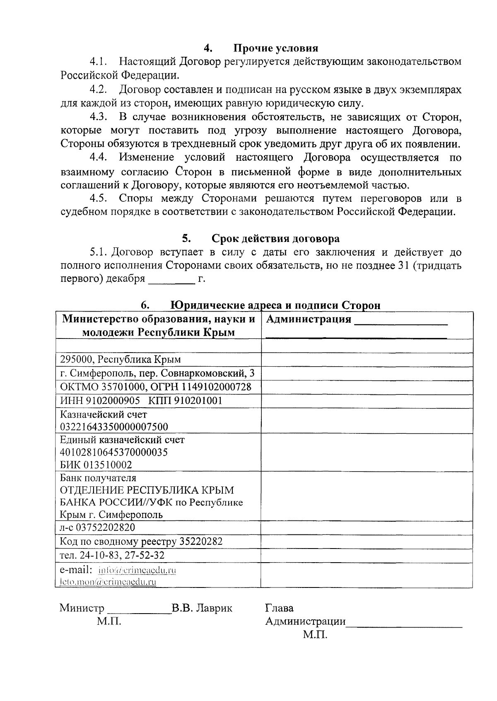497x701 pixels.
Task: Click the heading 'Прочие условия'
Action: click(x=276, y=48)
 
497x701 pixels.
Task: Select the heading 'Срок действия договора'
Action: click(x=275, y=239)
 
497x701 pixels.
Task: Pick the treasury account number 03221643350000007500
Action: click(x=114, y=427)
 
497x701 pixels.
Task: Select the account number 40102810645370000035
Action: click(x=114, y=452)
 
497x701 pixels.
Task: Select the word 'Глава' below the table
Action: click(x=279, y=608)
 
